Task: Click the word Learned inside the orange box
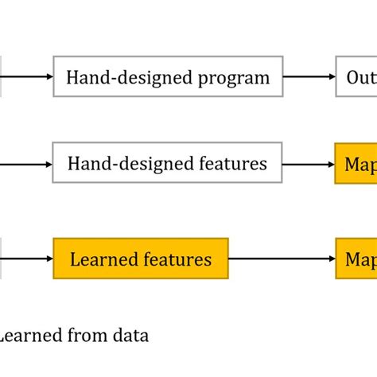pos(100,259)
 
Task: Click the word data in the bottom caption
pos(133,336)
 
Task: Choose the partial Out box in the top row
pos(356,77)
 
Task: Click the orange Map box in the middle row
pos(356,164)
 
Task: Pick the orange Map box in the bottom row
pos(356,259)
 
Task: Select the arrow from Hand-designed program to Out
pos(309,77)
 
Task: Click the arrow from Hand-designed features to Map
pos(309,164)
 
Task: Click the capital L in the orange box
pos(75,259)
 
